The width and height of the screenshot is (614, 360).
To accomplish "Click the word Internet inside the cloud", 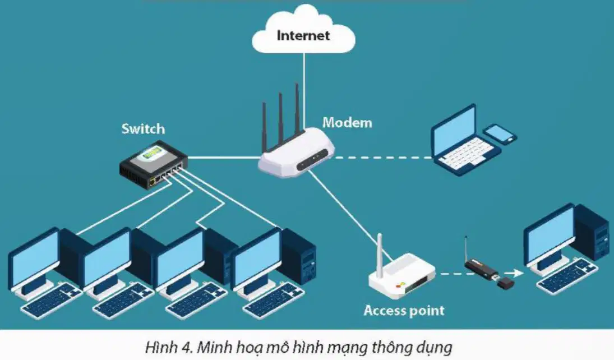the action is click(x=303, y=35).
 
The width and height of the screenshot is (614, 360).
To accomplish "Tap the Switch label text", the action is click(x=144, y=128).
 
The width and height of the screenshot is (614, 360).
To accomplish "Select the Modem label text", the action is click(x=347, y=123).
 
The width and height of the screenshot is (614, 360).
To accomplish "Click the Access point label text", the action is click(x=404, y=311).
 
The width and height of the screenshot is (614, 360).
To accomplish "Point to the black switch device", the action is click(x=154, y=164).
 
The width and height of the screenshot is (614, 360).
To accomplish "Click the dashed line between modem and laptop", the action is click(x=382, y=158).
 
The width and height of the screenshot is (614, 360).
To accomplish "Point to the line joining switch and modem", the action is click(x=224, y=158).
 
